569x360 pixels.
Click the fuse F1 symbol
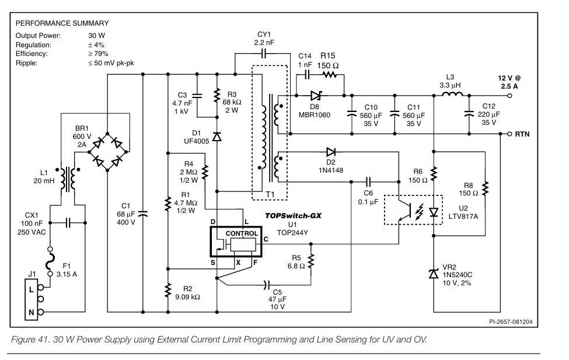(50, 261)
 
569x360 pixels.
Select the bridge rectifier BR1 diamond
(107, 152)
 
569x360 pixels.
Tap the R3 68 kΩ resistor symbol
(217, 96)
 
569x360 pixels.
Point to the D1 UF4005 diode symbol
(217, 137)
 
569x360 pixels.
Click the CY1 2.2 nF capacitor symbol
(264, 54)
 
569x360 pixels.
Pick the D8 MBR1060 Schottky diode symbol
(316, 96)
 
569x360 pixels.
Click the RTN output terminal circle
(509, 134)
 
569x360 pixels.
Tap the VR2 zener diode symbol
(434, 274)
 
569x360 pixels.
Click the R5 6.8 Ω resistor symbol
(310, 261)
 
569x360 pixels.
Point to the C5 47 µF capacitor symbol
(267, 285)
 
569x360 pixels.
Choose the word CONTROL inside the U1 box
(242, 233)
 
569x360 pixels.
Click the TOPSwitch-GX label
(293, 215)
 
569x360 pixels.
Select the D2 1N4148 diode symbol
(331, 152)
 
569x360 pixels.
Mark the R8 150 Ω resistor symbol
(485, 188)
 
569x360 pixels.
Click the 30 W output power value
(96, 36)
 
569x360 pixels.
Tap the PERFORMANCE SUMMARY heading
(62, 23)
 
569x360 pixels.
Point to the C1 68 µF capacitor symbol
(142, 214)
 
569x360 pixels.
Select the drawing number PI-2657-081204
(511, 322)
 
